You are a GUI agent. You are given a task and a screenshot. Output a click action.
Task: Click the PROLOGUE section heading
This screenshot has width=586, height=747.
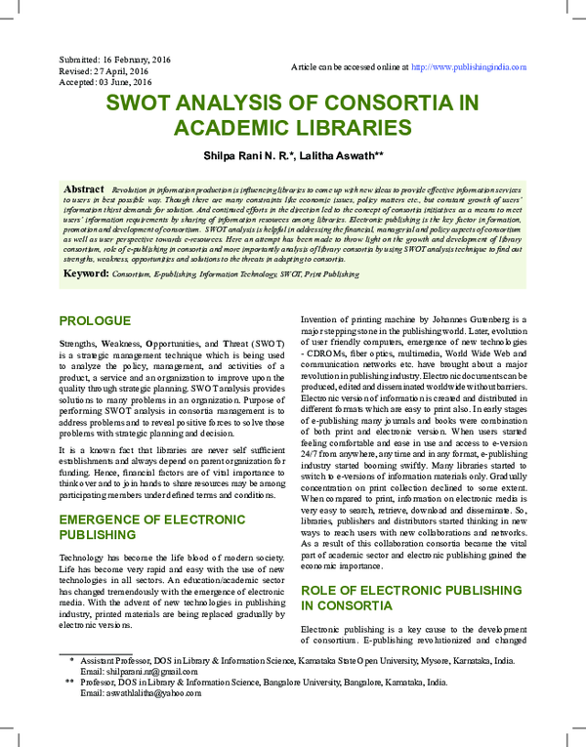95,320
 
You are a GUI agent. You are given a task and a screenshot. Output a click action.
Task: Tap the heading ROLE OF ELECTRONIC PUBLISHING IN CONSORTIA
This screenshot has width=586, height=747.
404,599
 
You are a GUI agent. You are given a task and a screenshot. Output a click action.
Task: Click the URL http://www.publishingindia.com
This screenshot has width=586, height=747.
469,67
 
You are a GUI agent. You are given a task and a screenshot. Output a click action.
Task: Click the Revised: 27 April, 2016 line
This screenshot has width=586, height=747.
104,71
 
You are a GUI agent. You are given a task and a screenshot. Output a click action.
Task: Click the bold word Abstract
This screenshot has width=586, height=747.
84,187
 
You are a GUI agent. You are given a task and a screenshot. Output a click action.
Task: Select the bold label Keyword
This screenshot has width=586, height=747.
86,274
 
